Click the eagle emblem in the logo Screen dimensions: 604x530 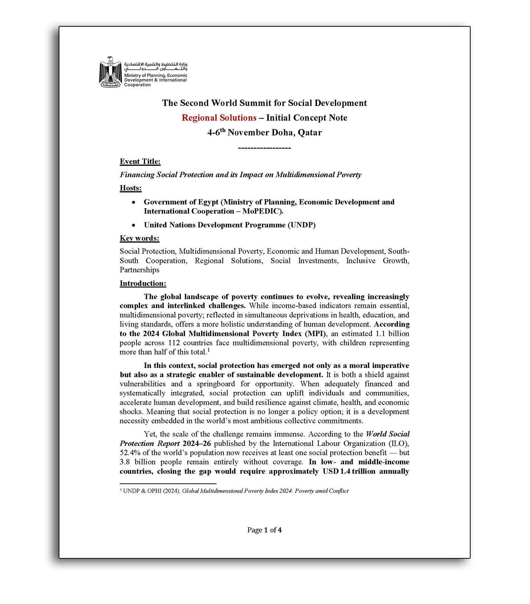tap(110, 72)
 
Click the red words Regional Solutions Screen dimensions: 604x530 tap(219, 118)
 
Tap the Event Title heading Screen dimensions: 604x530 tap(140, 161)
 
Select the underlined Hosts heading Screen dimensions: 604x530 tap(130, 188)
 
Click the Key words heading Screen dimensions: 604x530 tap(139, 238)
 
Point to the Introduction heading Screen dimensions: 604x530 tap(143, 283)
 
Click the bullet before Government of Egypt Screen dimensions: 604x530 tap(134, 203)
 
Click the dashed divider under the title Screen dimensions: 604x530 tap(264, 148)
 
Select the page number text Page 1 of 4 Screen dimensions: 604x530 tap(264, 530)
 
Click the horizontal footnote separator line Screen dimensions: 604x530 tap(168, 483)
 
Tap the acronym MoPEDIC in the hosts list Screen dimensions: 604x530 tap(262, 211)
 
